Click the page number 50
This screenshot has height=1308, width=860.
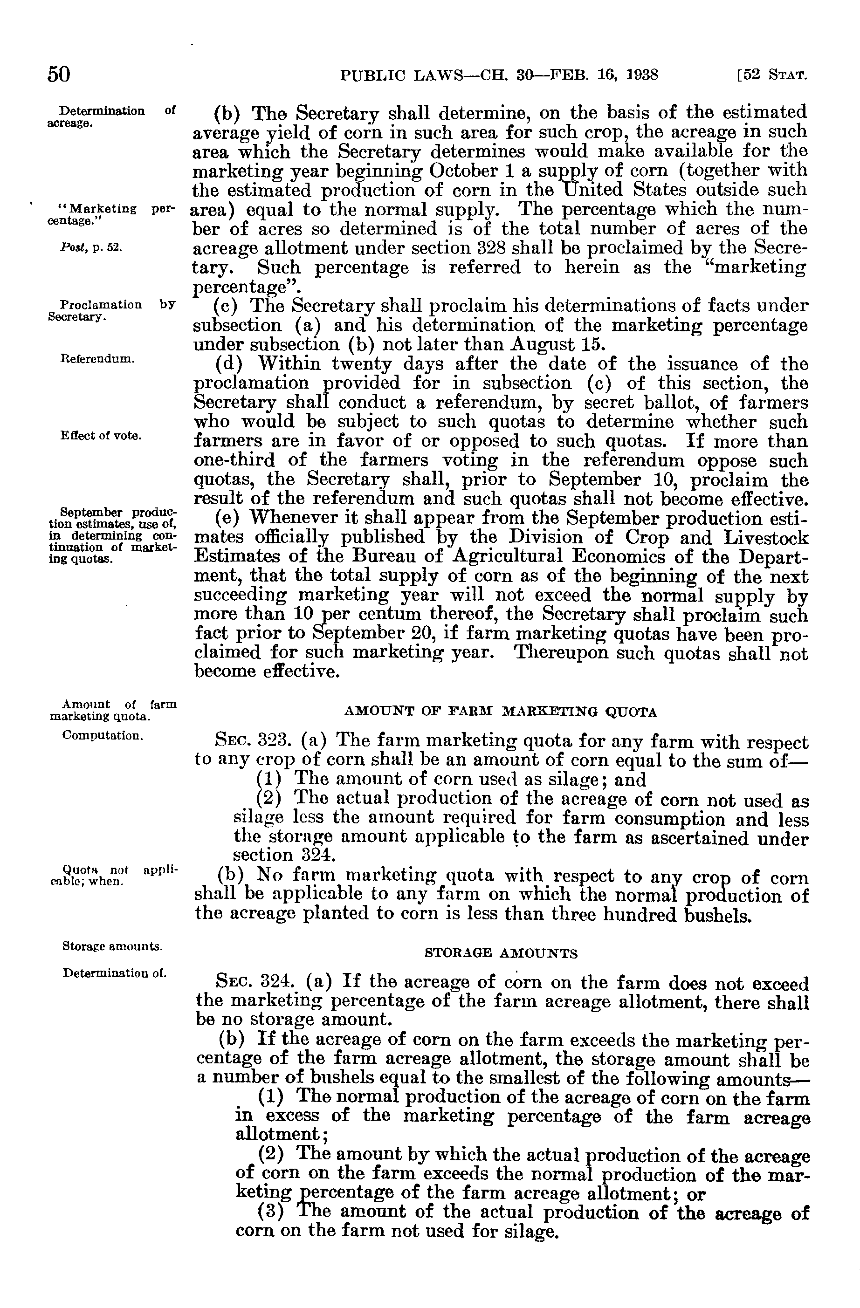[59, 74]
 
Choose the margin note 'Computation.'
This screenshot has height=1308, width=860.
[103, 735]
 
